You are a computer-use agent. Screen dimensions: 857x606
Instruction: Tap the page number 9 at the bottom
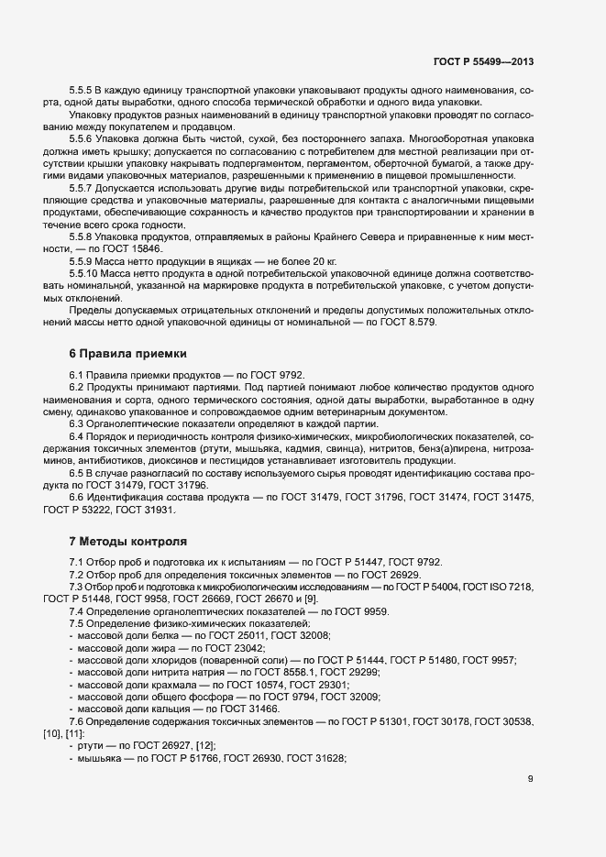point(531,780)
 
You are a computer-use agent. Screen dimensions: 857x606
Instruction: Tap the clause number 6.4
point(77,435)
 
